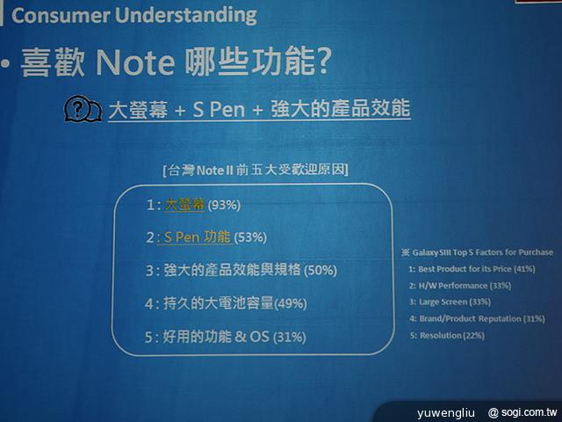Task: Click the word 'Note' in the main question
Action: pos(135,62)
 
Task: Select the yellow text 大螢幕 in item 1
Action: pos(184,205)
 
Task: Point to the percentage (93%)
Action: pos(223,206)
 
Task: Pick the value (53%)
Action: pos(249,237)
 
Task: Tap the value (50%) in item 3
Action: pos(318,271)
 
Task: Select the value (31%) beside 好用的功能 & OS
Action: pos(291,338)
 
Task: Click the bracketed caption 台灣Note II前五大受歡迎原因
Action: pos(255,170)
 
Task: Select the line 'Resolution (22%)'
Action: pos(453,335)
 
